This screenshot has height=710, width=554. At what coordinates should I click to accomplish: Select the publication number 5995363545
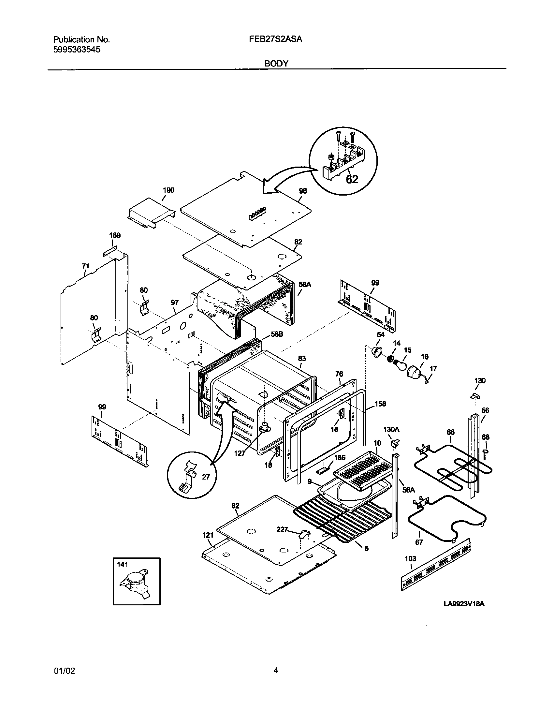(77, 50)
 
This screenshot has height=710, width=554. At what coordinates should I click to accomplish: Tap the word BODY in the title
(276, 64)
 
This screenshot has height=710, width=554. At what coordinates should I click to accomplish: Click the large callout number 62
(352, 179)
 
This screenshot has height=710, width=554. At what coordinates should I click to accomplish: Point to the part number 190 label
(168, 190)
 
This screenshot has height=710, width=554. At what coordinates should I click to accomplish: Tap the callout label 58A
(305, 285)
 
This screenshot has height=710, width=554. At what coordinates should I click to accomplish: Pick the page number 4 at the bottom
(276, 670)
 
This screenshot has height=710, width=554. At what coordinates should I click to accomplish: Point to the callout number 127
(240, 453)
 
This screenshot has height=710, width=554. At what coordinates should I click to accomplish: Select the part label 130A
(391, 430)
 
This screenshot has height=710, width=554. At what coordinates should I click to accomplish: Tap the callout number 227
(282, 530)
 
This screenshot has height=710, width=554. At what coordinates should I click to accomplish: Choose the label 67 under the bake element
(419, 542)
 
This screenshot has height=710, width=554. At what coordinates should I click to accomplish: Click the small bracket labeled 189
(110, 253)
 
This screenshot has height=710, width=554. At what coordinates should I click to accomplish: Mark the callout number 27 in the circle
(206, 477)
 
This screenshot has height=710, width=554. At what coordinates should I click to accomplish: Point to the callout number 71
(85, 266)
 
